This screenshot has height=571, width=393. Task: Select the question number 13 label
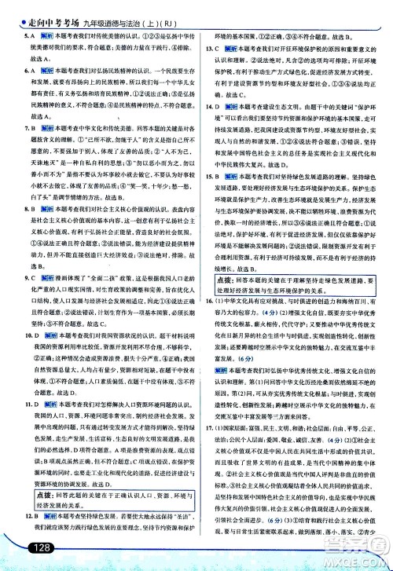tap(209, 48)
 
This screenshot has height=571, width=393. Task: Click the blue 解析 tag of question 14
tap(233, 106)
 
